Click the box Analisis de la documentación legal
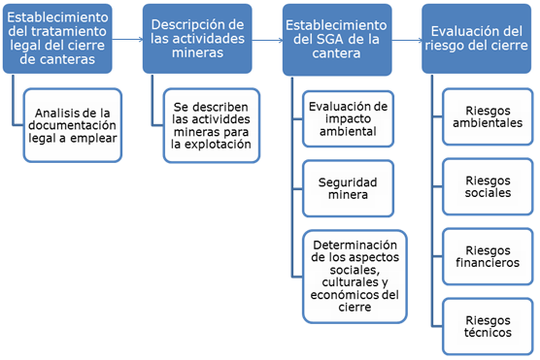[72, 125]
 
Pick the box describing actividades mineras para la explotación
[212, 125]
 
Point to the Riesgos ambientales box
[488, 117]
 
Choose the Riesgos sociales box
[488, 187]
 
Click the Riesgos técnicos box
[488, 327]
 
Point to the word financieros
[488, 263]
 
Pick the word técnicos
[488, 334]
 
